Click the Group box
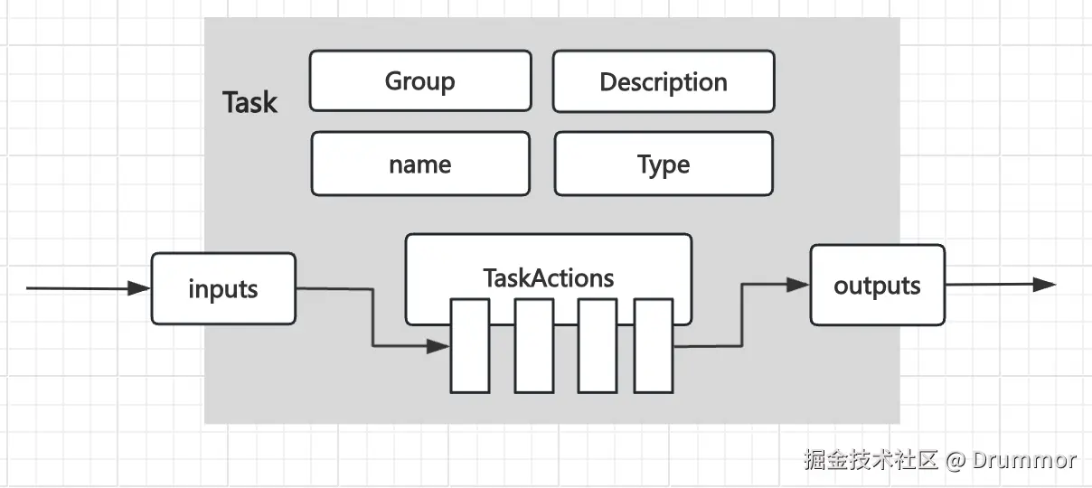[x=420, y=81]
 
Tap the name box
[x=420, y=164]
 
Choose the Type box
[x=664, y=164]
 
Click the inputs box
[x=223, y=289]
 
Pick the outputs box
[x=877, y=286]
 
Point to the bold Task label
[x=249, y=102]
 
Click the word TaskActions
[x=549, y=277]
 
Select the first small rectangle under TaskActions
[x=470, y=346]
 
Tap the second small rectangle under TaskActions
[x=534, y=346]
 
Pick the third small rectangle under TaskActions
[x=598, y=346]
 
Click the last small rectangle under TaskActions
[x=654, y=346]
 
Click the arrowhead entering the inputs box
[x=139, y=289]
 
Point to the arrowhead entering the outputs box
[x=798, y=285]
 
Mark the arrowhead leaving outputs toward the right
[x=1045, y=285]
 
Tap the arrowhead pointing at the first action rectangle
[x=439, y=346]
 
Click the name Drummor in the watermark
[x=1024, y=460]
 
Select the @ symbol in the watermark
[x=955, y=460]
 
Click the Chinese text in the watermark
[x=871, y=460]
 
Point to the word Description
[x=664, y=82]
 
